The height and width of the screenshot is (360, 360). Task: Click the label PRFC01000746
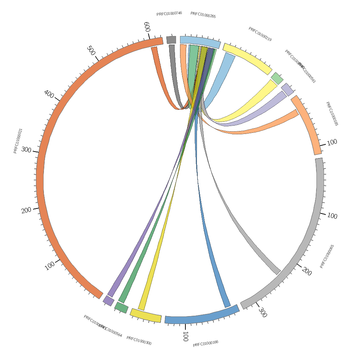point(169,14)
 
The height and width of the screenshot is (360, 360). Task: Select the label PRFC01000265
point(203,15)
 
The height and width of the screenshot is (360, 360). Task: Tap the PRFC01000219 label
point(260,34)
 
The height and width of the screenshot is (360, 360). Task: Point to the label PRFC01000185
point(332,114)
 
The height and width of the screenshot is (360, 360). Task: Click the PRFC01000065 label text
point(327,256)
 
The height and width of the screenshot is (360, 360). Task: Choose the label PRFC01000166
point(206,343)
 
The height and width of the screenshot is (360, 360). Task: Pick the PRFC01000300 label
point(139,341)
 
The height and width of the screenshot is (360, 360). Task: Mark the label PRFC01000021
point(18,141)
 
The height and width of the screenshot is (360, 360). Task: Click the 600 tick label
point(147,27)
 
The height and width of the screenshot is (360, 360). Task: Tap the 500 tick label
point(91,51)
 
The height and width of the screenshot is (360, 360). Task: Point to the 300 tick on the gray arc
point(262,312)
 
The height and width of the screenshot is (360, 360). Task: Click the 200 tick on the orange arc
point(26,210)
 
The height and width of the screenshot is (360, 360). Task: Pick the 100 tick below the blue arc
point(185,336)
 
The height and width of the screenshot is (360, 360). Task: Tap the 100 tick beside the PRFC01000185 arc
point(332,142)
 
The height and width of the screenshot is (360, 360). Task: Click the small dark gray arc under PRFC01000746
point(171,40)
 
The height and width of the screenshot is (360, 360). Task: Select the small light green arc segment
point(277,78)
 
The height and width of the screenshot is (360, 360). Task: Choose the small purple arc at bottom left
point(108,301)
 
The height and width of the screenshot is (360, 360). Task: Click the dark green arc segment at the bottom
point(121,307)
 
